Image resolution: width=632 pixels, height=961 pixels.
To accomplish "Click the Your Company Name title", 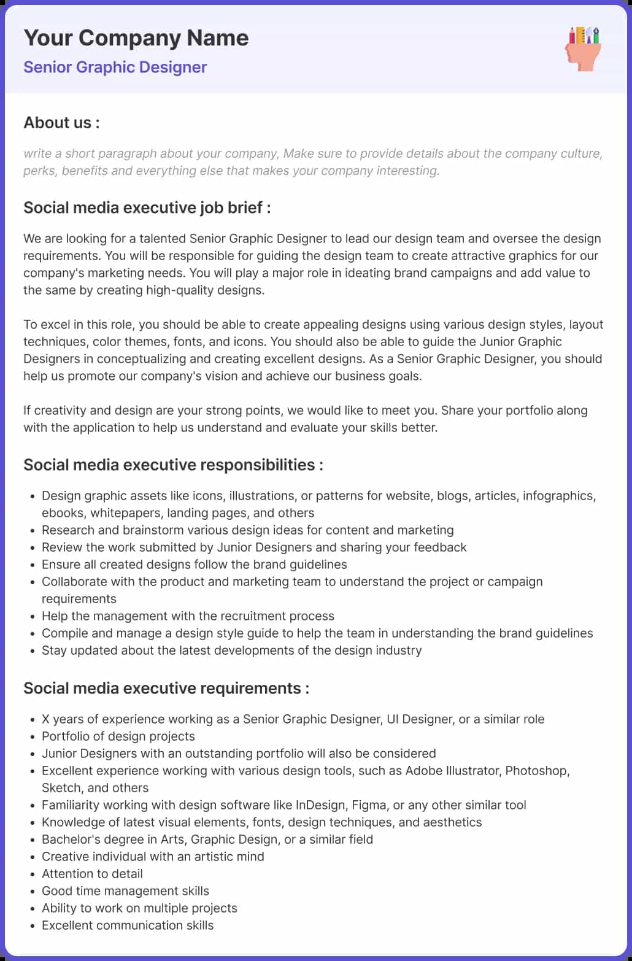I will coord(136,38).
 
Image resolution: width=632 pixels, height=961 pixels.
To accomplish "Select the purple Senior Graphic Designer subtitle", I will coord(115,67).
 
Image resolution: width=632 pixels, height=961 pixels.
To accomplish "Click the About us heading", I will coord(61,123).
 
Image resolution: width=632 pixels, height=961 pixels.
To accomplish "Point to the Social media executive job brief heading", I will coord(147,207).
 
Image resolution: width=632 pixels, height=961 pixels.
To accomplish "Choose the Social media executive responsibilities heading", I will coord(173,465).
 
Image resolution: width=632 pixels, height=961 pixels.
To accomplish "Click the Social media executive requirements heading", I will coord(166,688).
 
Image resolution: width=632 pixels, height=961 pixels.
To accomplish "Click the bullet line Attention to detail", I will coord(92,873).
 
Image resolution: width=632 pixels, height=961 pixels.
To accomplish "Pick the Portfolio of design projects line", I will coord(118,736).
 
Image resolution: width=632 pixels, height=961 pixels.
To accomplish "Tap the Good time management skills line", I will coord(125,890).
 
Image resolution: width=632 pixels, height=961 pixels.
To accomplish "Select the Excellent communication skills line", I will coord(128,925).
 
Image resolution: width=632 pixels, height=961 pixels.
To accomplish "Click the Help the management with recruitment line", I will coord(188,616).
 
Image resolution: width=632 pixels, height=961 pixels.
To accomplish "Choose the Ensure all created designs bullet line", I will coord(194,564).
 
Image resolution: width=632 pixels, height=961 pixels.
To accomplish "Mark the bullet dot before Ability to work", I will coord(32,908).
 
